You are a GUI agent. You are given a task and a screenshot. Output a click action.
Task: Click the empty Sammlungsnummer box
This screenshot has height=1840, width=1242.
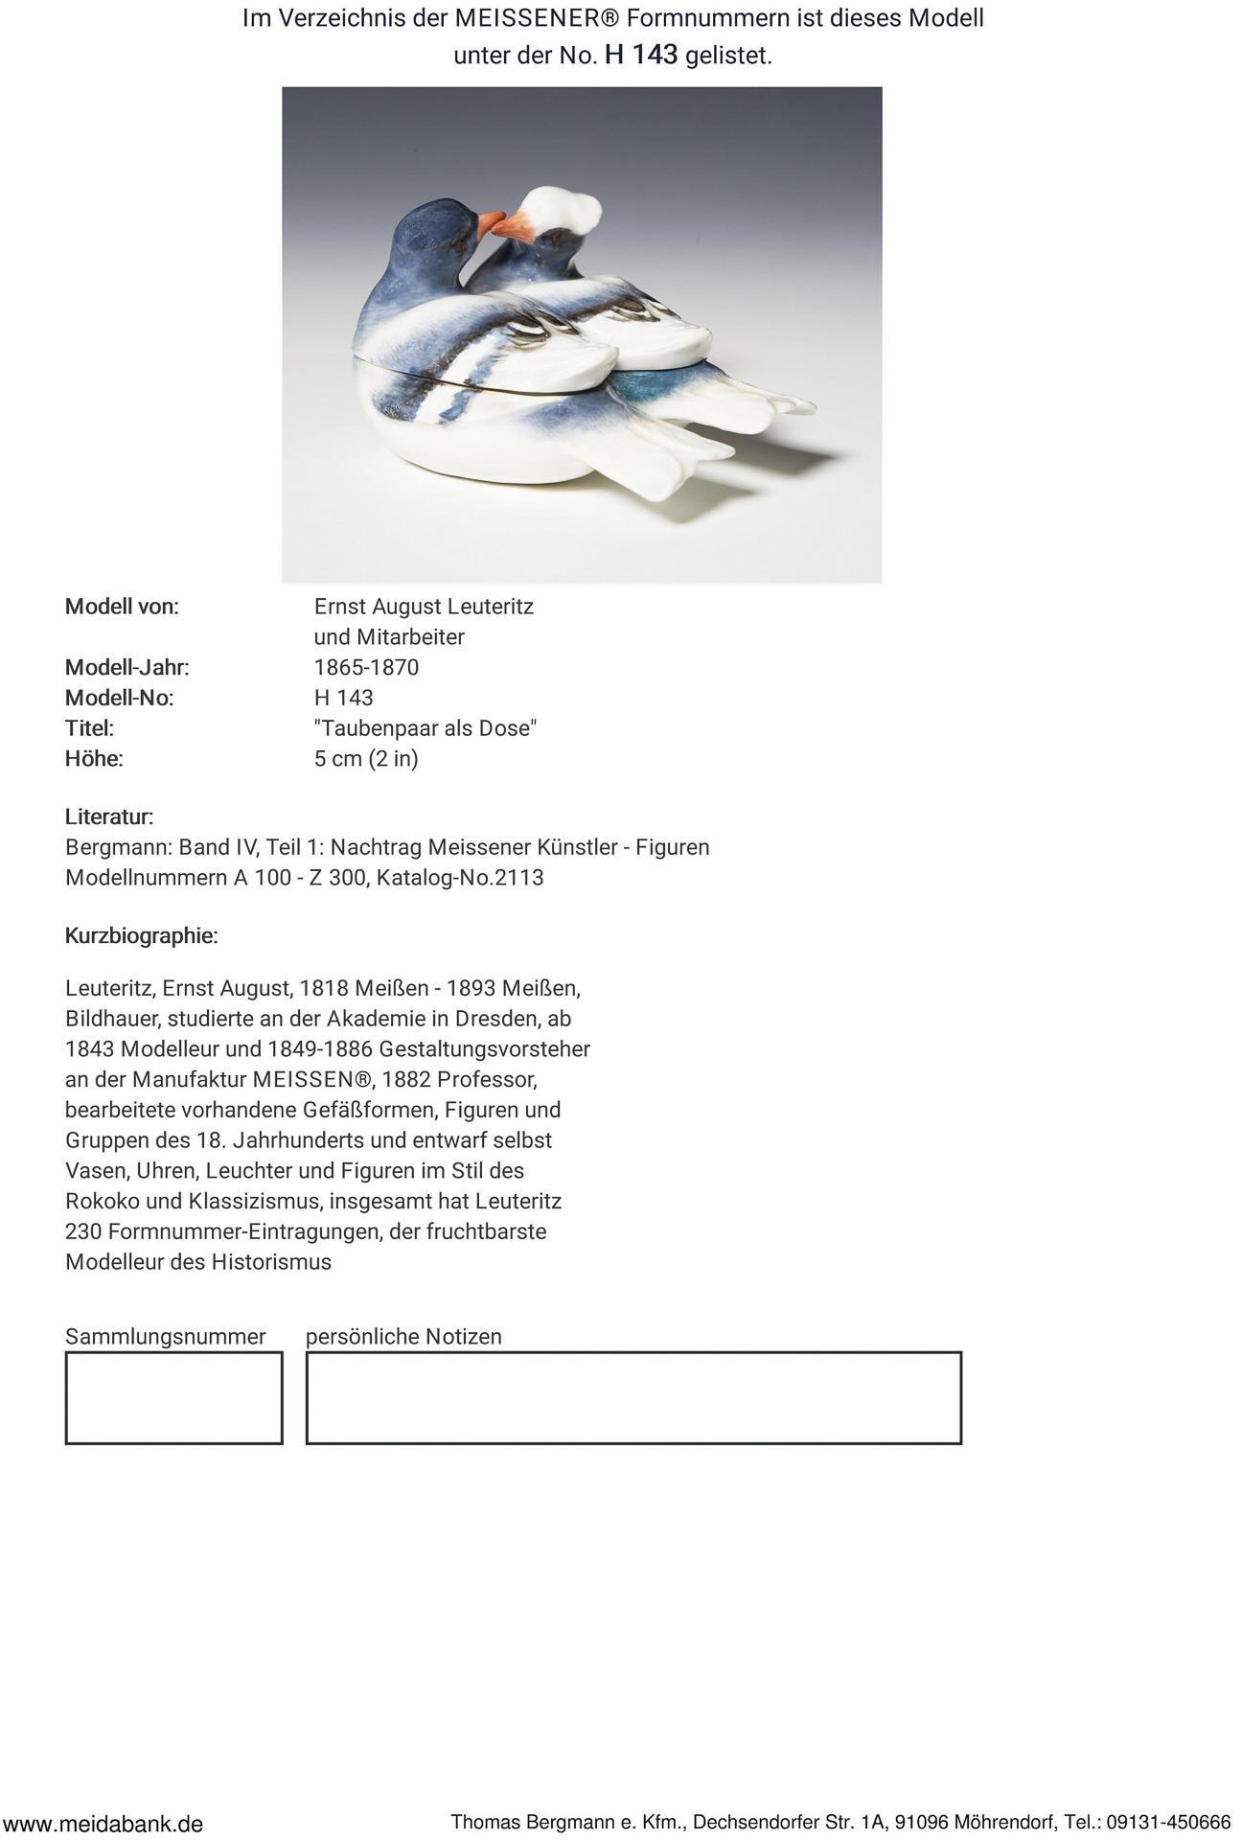point(173,1397)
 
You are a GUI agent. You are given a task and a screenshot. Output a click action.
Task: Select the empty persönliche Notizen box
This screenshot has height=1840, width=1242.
point(633,1397)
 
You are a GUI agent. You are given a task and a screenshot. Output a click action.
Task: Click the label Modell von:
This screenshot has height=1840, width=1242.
point(122,607)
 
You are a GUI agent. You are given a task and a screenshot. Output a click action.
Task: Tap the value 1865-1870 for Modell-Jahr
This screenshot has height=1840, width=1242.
point(366,668)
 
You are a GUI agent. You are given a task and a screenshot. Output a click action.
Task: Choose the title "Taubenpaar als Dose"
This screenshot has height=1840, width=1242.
point(425,728)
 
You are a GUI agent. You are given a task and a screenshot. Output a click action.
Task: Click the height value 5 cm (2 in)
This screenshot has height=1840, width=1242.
point(366,759)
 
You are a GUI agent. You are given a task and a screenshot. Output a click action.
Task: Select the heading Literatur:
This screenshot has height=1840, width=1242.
point(109,817)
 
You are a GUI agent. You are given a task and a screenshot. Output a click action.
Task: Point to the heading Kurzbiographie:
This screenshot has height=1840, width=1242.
point(142,936)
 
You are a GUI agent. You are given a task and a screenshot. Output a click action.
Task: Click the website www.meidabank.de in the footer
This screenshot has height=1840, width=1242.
point(103,1824)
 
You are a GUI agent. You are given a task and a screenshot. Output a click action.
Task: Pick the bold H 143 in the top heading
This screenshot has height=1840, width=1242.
point(641,55)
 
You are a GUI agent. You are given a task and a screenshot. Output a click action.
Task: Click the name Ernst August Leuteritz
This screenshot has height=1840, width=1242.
point(424,607)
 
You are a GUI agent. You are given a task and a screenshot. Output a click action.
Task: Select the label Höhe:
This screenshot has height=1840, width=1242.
point(94,759)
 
